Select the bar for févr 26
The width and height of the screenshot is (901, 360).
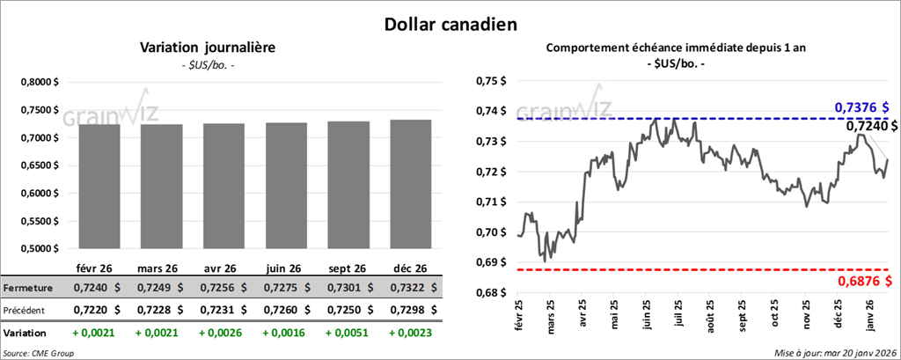click(99, 187)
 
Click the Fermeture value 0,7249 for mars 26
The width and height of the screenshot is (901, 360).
click(160, 288)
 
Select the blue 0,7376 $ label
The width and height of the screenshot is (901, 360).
click(863, 107)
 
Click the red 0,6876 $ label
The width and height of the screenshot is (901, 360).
click(863, 281)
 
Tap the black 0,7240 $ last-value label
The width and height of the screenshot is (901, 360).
click(871, 127)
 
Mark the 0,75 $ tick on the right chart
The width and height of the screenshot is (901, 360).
click(494, 81)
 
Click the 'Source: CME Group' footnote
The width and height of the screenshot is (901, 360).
click(39, 352)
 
